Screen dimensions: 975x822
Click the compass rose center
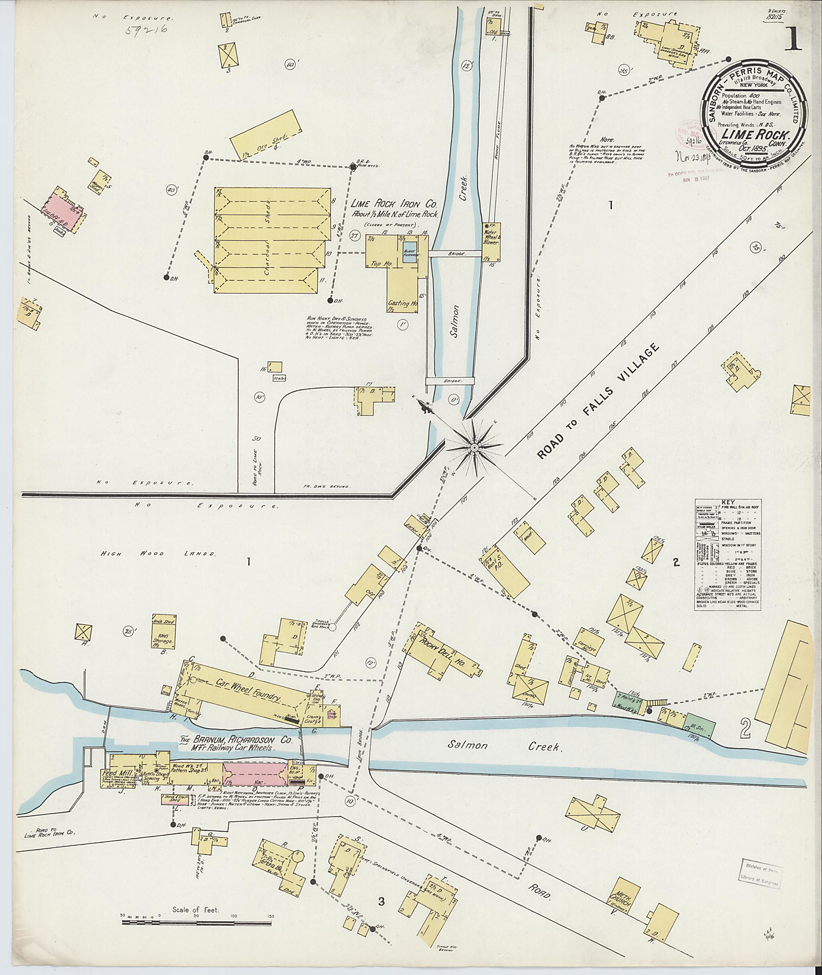pyautogui.click(x=474, y=448)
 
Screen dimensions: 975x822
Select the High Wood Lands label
pyautogui.click(x=158, y=554)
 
